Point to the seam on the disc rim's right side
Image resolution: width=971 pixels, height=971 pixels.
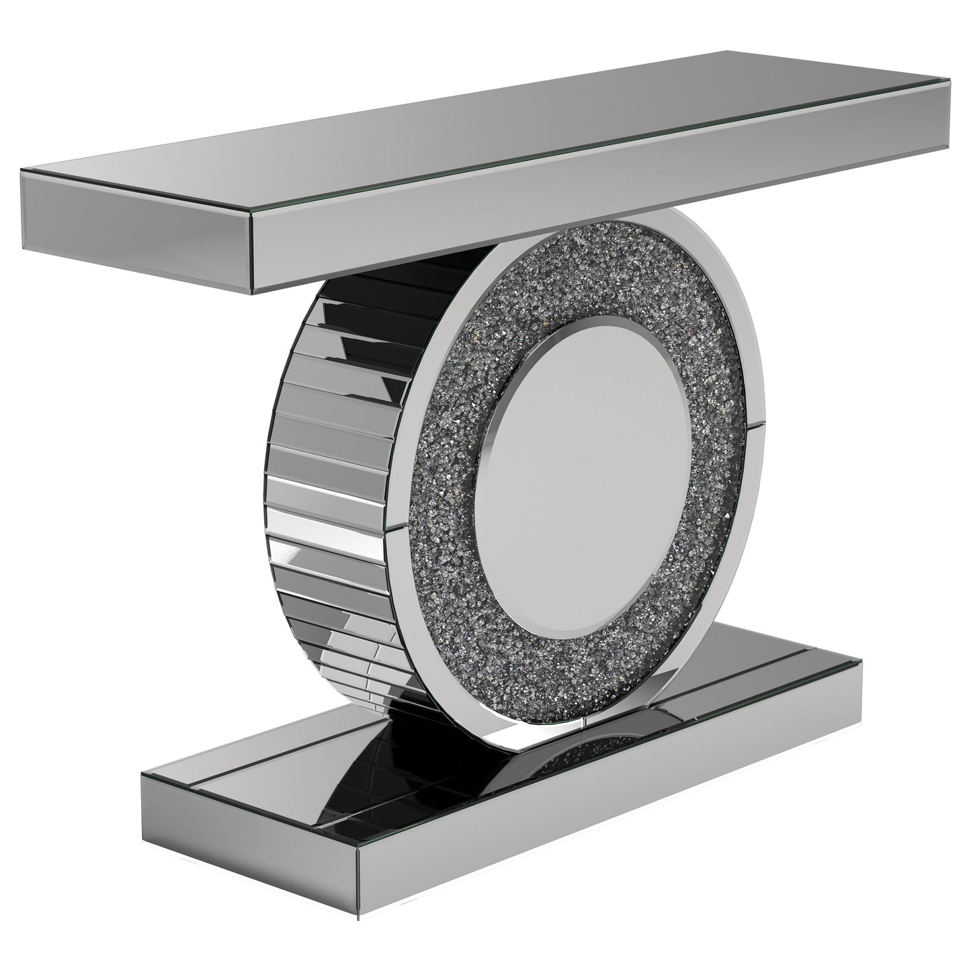[757, 423]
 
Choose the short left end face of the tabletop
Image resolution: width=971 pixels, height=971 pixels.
[134, 233]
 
